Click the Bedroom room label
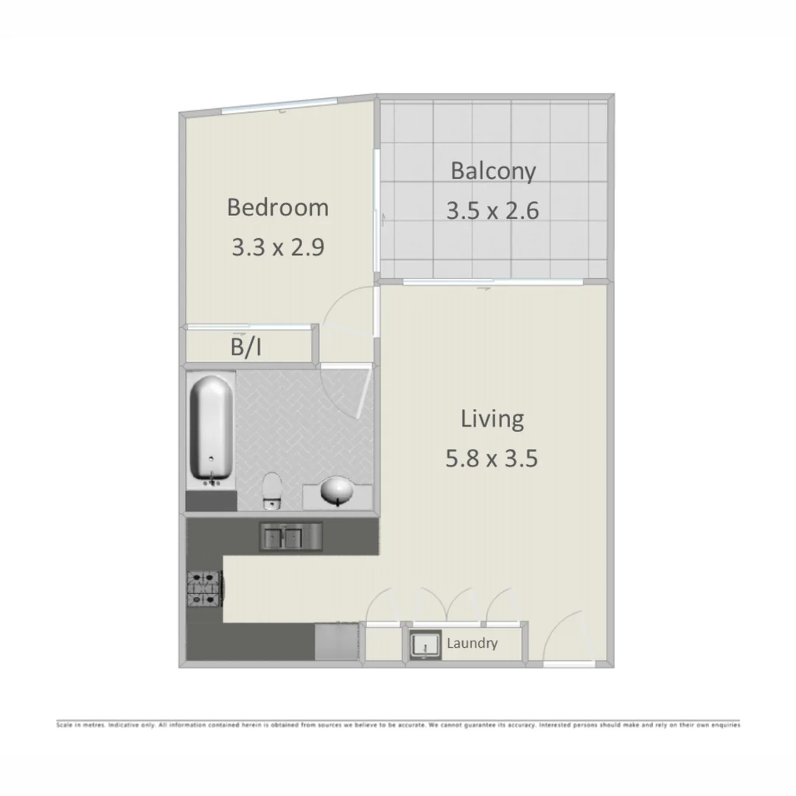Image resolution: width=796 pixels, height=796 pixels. (x=277, y=207)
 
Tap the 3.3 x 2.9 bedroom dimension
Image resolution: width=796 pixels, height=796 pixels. (x=277, y=247)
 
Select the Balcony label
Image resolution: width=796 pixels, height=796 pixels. (x=492, y=171)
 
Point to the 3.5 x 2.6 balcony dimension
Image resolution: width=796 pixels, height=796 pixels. (x=492, y=211)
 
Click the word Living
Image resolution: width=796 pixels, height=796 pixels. (x=492, y=419)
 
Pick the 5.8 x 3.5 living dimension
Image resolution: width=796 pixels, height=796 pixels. (x=492, y=459)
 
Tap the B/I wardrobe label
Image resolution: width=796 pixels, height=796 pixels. (x=245, y=348)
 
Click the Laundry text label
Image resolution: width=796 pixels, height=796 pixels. (x=472, y=643)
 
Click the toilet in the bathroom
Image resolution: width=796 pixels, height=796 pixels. (x=273, y=490)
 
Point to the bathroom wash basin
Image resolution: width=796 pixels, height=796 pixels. (x=338, y=491)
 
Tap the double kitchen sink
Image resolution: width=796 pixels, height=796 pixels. (x=290, y=536)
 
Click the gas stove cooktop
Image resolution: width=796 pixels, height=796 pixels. (x=204, y=590)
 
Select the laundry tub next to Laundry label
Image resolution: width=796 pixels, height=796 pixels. (x=425, y=645)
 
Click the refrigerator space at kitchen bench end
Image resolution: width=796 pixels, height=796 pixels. (x=336, y=642)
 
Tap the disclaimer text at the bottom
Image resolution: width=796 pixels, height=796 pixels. (x=398, y=725)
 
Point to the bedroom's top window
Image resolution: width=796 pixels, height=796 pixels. (x=280, y=108)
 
